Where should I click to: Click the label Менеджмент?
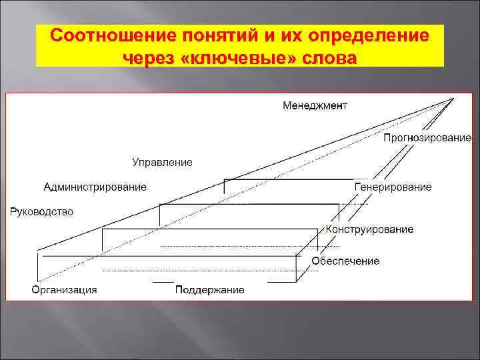tap(315, 105)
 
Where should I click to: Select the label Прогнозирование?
tap(427, 138)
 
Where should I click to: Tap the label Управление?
tap(162, 162)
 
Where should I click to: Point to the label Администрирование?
tap(95, 187)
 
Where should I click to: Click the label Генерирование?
tap(393, 187)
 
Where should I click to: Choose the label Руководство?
tap(41, 212)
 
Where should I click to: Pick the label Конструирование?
tap(370, 229)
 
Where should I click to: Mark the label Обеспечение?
tap(346, 261)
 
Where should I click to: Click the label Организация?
tap(65, 289)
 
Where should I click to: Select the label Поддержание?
tap(209, 289)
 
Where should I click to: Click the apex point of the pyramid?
tap(454, 99)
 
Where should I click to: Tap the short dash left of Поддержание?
tap(163, 282)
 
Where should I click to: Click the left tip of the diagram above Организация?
tap(37, 251)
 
